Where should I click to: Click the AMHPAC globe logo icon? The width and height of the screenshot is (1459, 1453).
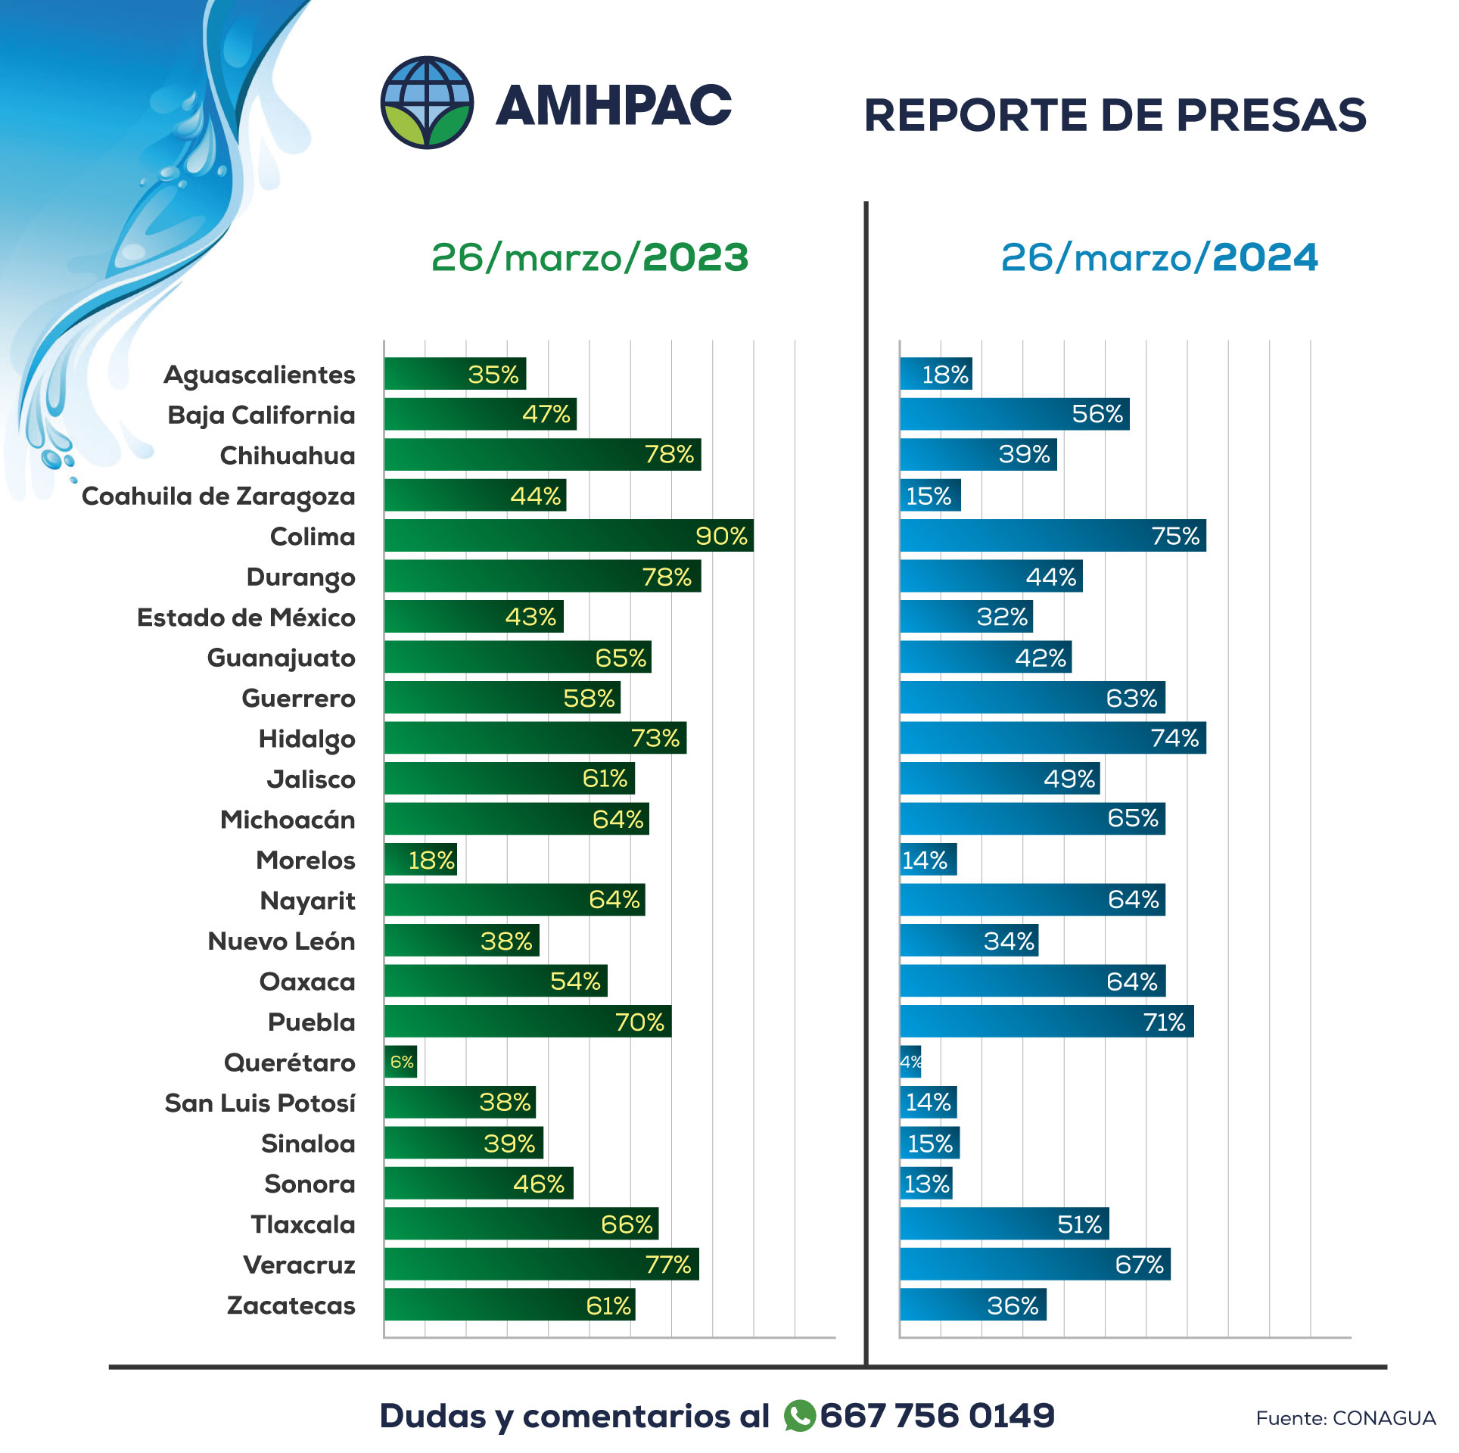point(427,103)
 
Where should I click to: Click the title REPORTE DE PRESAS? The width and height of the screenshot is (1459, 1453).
point(1115,116)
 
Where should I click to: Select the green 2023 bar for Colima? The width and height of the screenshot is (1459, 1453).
point(568,536)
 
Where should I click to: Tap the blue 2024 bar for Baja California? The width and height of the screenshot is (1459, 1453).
point(1014,414)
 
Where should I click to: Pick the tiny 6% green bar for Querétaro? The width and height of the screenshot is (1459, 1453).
point(400,1062)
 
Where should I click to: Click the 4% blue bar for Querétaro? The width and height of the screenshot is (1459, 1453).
point(910,1062)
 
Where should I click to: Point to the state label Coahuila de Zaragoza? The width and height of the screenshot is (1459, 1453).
point(219,496)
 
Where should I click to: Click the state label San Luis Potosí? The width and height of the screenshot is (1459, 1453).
point(260,1103)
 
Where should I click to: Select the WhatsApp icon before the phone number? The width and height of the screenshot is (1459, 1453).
point(800,1416)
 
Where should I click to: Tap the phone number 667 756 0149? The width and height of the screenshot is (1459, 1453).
point(937,1416)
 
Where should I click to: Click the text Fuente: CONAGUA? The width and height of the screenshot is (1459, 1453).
point(1345,1418)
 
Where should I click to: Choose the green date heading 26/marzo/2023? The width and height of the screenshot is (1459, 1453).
point(590,258)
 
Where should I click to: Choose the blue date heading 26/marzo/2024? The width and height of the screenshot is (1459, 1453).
point(1159,258)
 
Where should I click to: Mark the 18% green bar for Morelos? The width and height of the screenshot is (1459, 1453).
point(420,860)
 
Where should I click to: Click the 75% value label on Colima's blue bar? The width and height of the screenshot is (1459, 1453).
point(1175,536)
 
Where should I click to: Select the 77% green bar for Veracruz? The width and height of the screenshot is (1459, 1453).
point(541,1265)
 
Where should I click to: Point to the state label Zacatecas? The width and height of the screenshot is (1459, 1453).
point(291,1305)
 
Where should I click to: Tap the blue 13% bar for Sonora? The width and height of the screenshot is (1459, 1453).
point(925,1184)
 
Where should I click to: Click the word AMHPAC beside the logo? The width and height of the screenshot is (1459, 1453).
point(614,105)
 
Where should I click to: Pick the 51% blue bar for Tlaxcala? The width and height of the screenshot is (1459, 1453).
point(1004,1224)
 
